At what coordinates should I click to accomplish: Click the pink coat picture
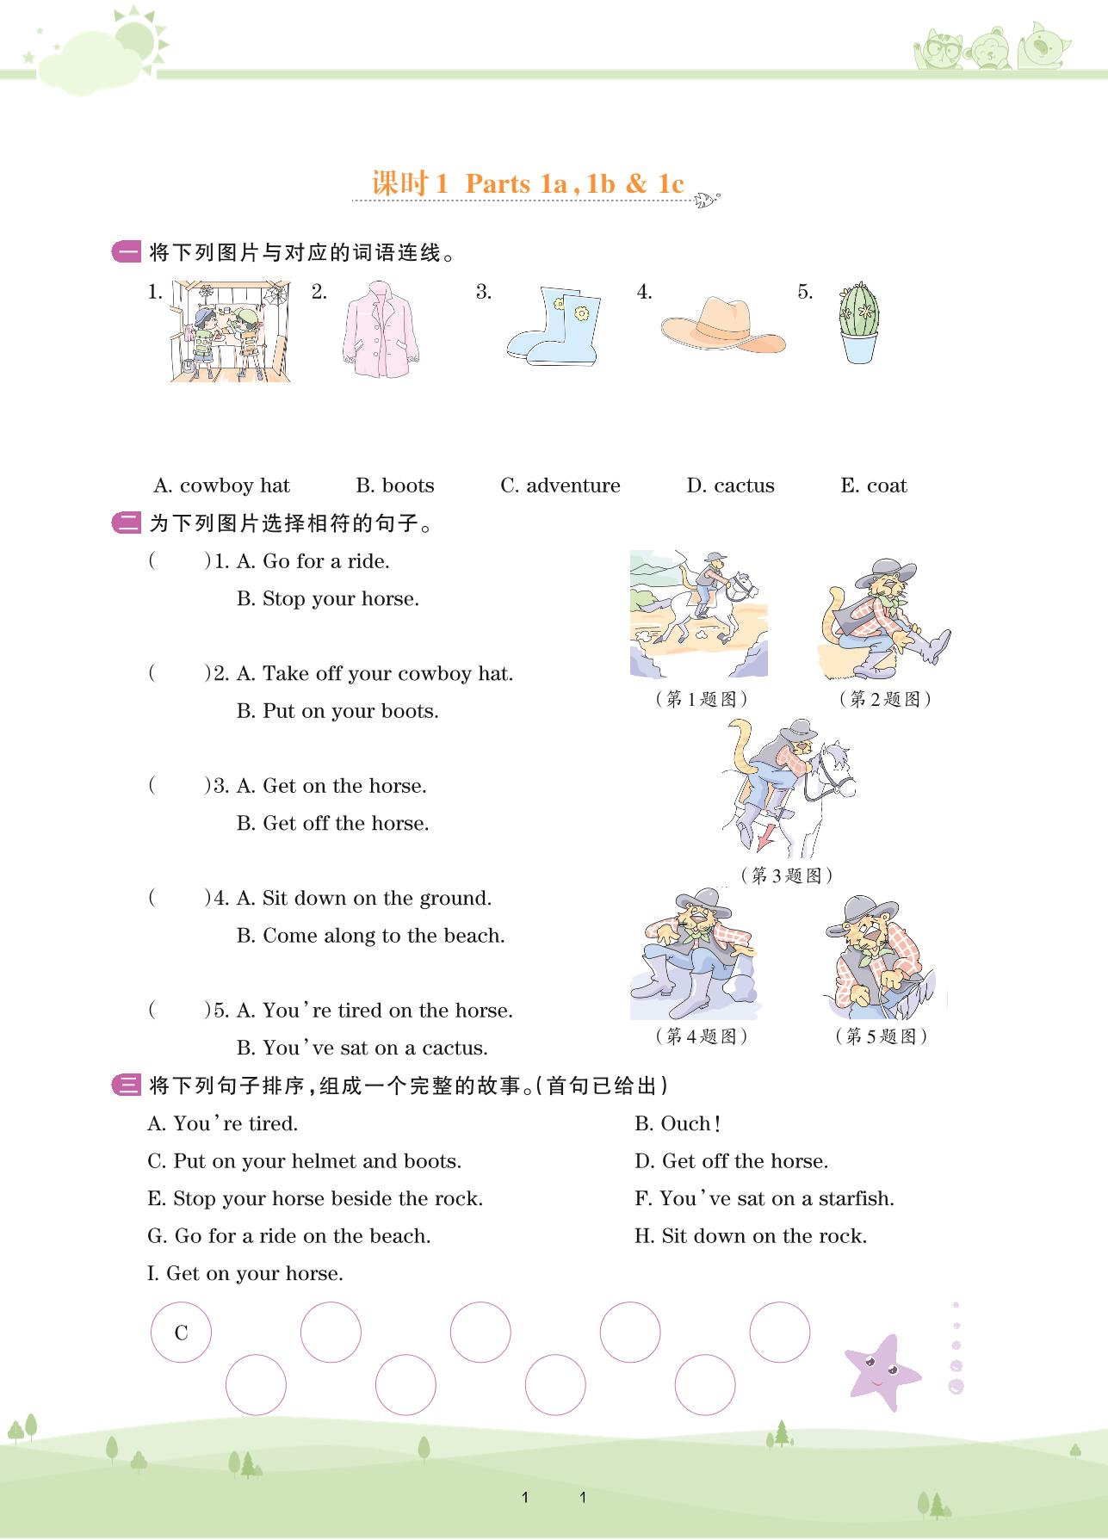381,328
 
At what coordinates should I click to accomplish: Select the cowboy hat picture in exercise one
723,325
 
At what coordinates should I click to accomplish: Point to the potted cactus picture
858,322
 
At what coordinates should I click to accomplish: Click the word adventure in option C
573,486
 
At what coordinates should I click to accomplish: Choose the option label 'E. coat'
874,486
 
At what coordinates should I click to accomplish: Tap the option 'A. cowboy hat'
222,486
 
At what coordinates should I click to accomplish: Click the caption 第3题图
787,875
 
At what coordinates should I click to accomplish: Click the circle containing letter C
181,1332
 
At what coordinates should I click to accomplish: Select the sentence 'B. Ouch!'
678,1123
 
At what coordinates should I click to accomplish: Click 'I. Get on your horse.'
245,1273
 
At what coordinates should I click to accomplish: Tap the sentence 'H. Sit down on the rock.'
751,1236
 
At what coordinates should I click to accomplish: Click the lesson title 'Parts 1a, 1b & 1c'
574,183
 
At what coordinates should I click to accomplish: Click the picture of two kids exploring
231,331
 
